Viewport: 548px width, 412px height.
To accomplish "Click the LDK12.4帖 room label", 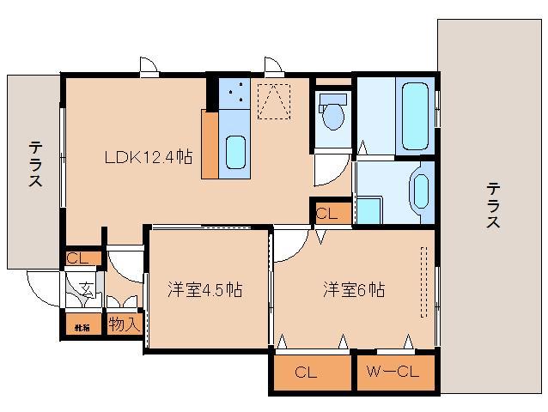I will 148,157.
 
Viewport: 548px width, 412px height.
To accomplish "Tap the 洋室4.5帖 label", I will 204,289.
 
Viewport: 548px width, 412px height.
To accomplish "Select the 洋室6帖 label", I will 353,289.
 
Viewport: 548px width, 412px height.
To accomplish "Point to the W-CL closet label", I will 393,373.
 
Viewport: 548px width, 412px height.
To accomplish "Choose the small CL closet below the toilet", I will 329,213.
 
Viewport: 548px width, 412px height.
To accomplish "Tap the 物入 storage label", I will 123,324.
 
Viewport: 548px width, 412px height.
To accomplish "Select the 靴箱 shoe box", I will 81,325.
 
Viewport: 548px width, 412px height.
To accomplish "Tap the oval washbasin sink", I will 420,189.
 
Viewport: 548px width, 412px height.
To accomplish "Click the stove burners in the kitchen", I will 232,93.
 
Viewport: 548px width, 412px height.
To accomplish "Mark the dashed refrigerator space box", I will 276,100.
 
